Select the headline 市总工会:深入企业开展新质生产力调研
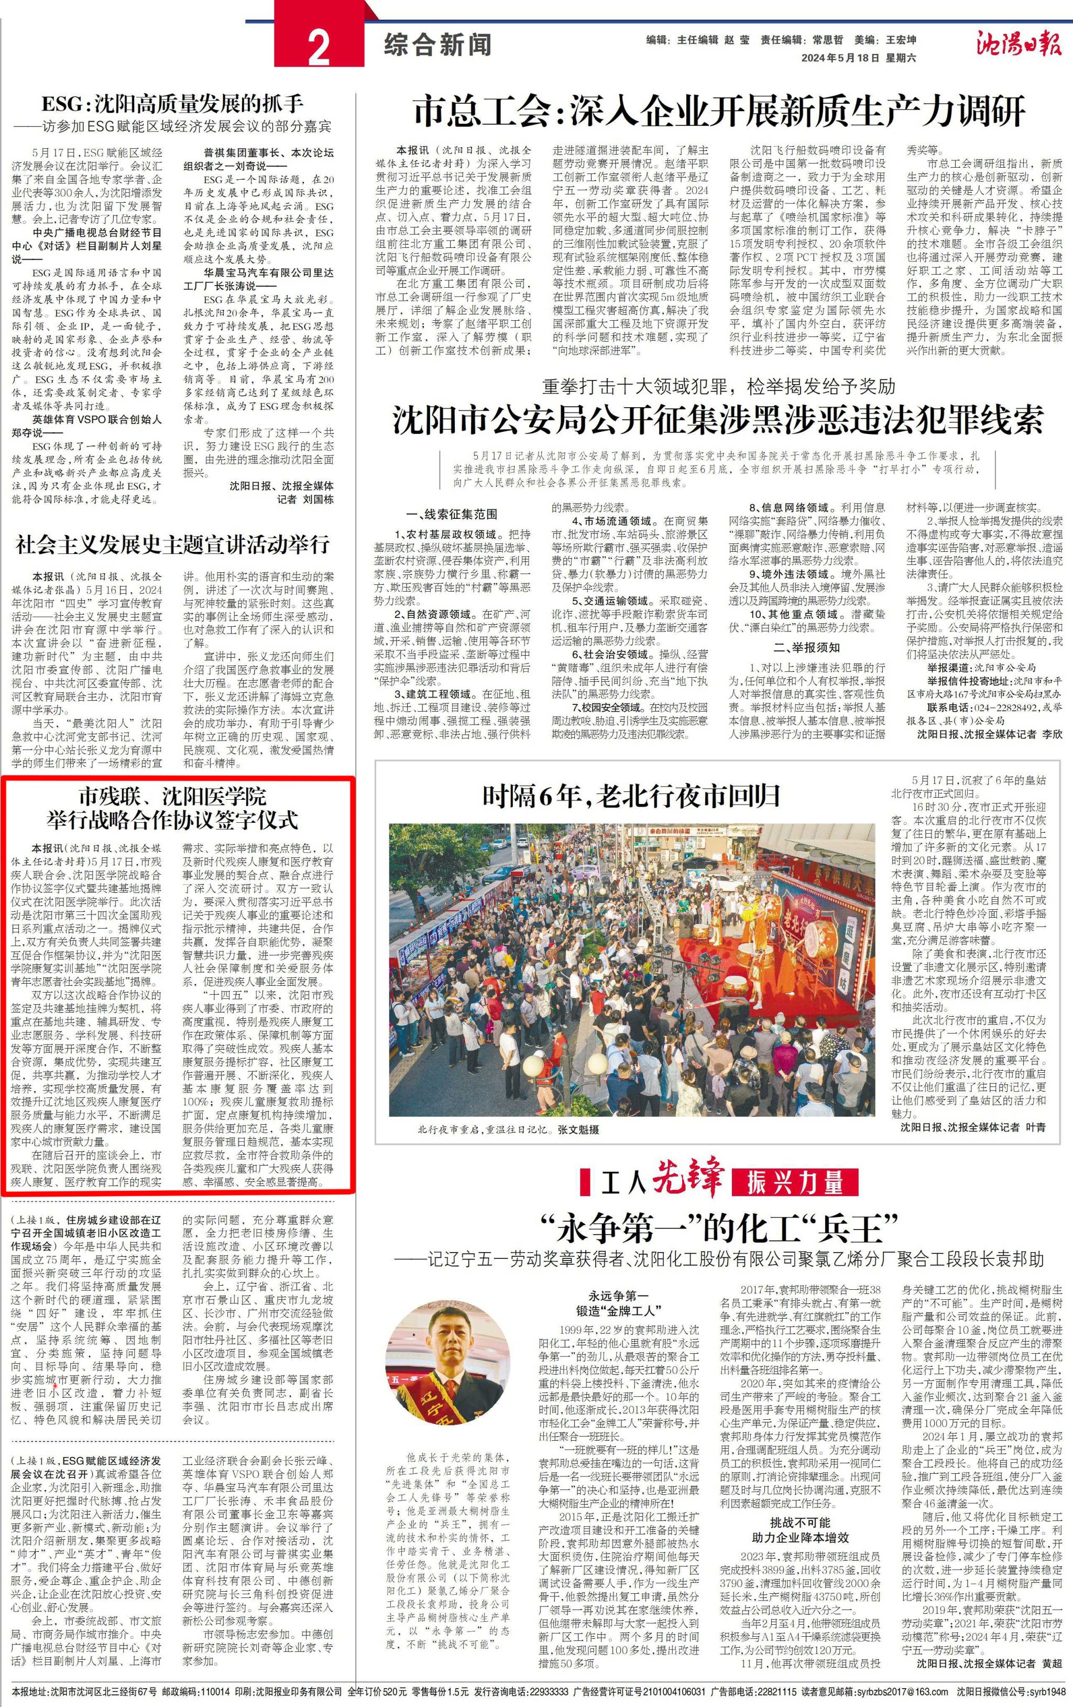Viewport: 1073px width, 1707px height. (719, 111)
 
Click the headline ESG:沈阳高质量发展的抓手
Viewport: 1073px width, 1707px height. (172, 104)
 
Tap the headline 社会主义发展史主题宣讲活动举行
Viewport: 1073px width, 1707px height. (173, 545)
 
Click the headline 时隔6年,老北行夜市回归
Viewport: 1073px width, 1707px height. (631, 797)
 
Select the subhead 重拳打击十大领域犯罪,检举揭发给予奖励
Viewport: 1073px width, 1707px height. (719, 387)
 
